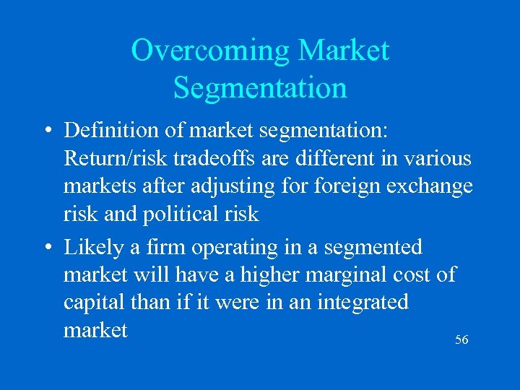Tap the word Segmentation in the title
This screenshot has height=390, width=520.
click(x=260, y=88)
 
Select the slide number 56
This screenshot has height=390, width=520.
click(x=461, y=339)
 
